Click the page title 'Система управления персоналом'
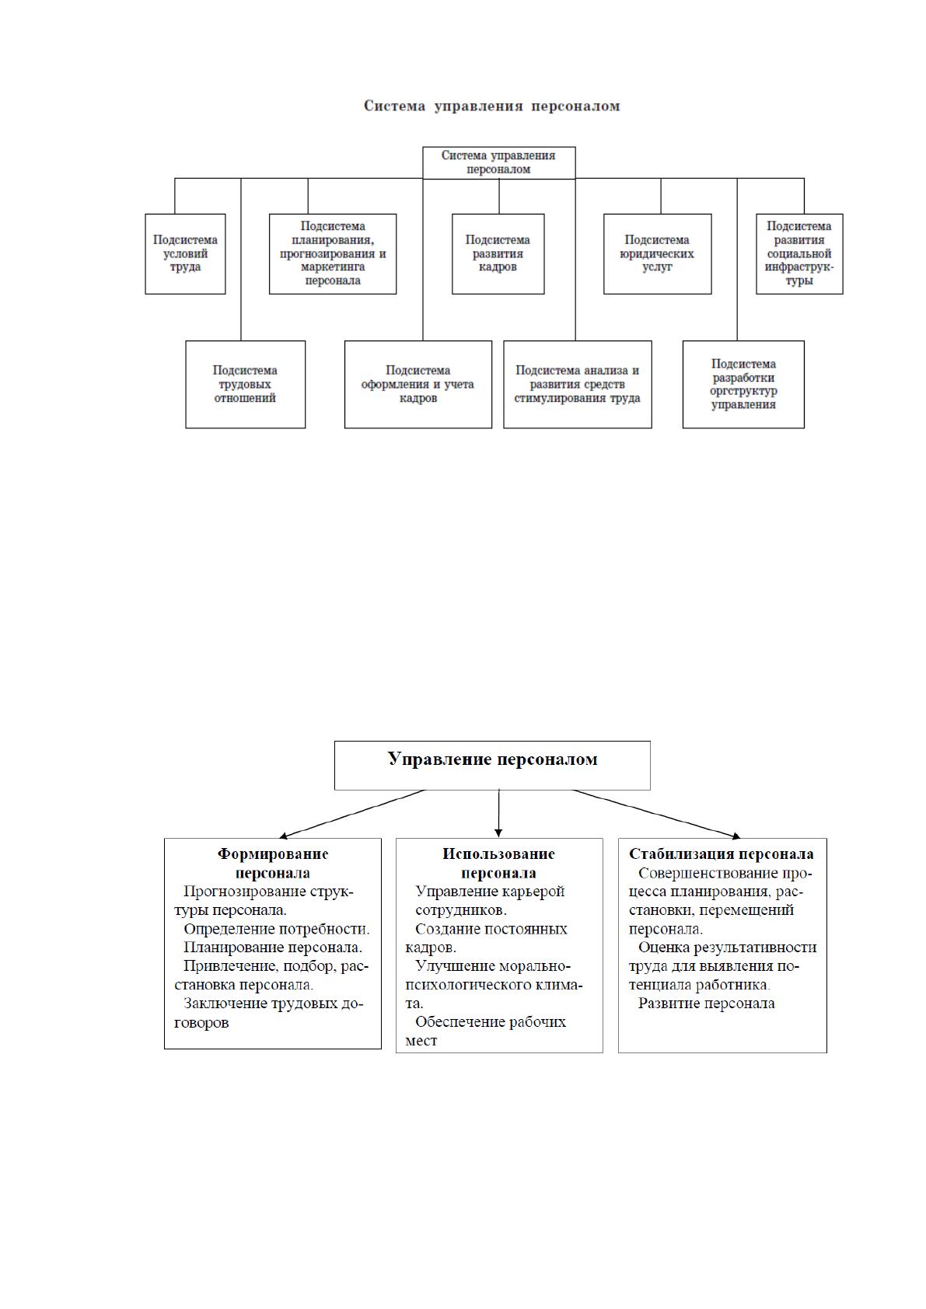pyautogui.click(x=491, y=106)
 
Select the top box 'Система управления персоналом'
pyautogui.click(x=498, y=162)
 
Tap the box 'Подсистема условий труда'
pyautogui.click(x=185, y=253)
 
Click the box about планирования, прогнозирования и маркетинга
pyautogui.click(x=333, y=253)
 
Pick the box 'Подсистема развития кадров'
pyautogui.click(x=498, y=253)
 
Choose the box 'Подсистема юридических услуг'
pyautogui.click(x=658, y=253)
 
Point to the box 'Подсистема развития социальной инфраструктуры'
pyautogui.click(x=799, y=253)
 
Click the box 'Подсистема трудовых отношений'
pyautogui.click(x=246, y=385)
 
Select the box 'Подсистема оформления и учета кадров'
pyautogui.click(x=418, y=385)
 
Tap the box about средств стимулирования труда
pyautogui.click(x=578, y=385)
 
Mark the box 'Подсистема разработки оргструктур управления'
pyautogui.click(x=743, y=385)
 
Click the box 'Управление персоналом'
pyautogui.click(x=492, y=766)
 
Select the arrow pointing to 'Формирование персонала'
pyautogui.click(x=352, y=814)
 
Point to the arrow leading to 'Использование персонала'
pyautogui.click(x=498, y=813)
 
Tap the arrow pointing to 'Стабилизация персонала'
pyautogui.click(x=656, y=814)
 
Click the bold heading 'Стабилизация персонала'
pyautogui.click(x=722, y=853)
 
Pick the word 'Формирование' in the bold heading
pyautogui.click(x=273, y=854)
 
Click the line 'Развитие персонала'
pyautogui.click(x=706, y=1004)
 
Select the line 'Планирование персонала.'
pyautogui.click(x=273, y=948)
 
